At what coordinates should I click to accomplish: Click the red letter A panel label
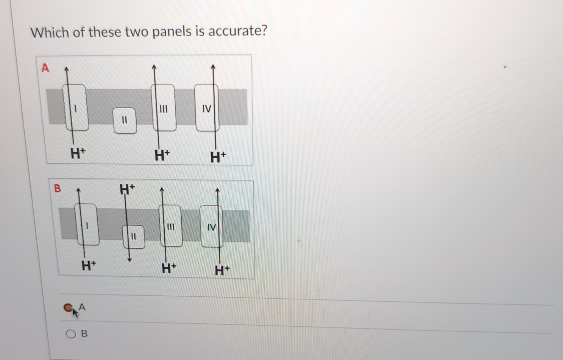tap(45, 68)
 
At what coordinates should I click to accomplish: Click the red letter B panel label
tap(57, 188)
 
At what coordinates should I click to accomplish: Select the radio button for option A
tap(68, 307)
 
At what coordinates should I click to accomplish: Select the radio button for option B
tap(71, 334)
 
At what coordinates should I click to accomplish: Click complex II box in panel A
tap(125, 120)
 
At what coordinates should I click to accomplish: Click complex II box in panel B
tap(133, 237)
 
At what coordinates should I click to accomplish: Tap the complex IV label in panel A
tap(207, 109)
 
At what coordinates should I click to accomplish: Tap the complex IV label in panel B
tap(212, 227)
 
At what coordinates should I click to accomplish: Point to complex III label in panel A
tap(163, 109)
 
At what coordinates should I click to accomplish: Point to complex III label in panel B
tap(171, 227)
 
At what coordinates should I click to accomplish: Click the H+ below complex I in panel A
tap(78, 153)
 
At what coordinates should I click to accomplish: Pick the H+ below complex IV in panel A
tap(218, 156)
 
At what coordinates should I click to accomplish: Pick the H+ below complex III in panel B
tap(169, 268)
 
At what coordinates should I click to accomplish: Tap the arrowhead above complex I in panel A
tap(67, 69)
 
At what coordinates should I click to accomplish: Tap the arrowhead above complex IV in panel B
tap(217, 190)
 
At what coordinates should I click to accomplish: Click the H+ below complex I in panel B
tap(89, 265)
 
